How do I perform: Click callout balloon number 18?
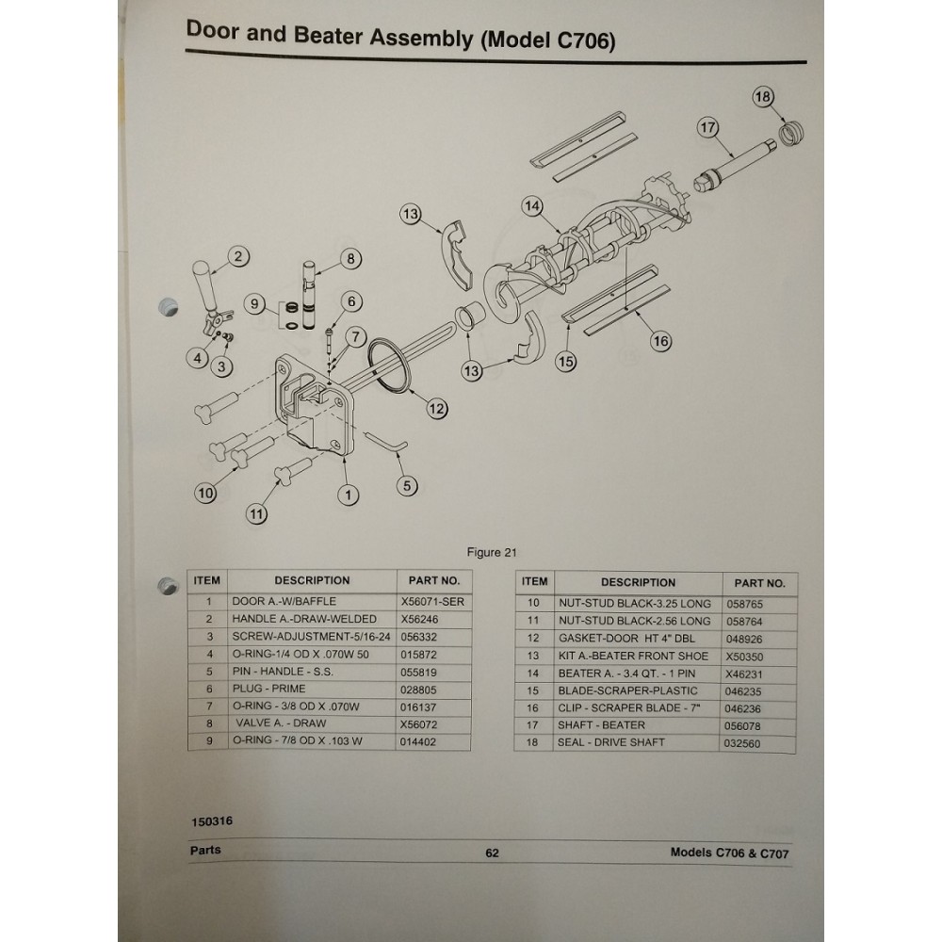[x=762, y=97]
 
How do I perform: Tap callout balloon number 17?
[x=708, y=128]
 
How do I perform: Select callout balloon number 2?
[x=238, y=256]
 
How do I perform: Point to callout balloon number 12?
[x=436, y=408]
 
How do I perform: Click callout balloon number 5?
[x=407, y=486]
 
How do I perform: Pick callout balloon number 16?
[x=661, y=341]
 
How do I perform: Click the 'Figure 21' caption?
[x=492, y=553]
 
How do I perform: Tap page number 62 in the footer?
[x=492, y=853]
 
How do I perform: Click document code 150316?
[x=212, y=820]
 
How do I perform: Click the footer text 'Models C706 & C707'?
[x=729, y=853]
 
